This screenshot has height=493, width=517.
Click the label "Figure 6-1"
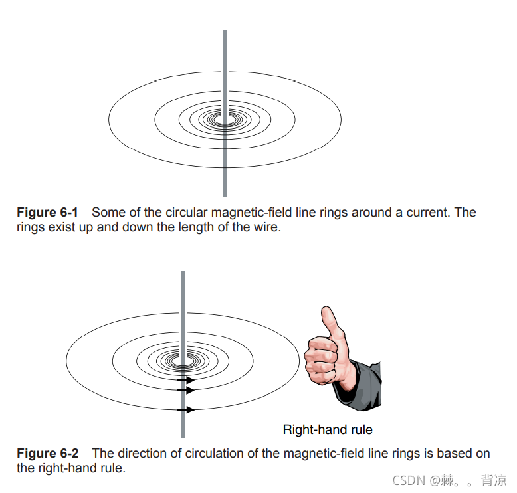click(47, 213)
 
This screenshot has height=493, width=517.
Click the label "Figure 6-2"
click(47, 454)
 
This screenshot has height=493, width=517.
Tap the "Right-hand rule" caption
click(328, 429)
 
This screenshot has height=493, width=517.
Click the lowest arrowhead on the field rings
click(191, 410)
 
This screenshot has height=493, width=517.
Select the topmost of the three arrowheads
click(190, 380)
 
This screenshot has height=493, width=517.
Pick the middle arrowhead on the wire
click(191, 391)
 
